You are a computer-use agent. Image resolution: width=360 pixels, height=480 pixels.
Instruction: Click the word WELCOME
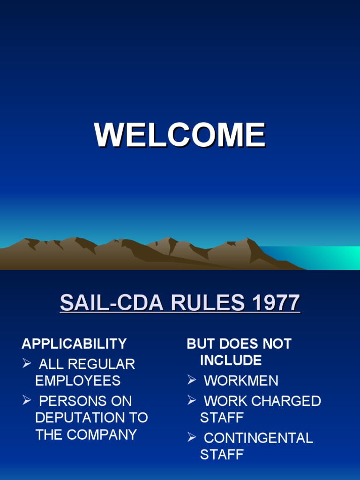(x=180, y=135)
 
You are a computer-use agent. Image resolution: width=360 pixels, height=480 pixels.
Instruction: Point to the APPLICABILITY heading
(x=74, y=344)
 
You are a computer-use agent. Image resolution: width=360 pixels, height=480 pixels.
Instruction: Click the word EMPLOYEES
(x=78, y=381)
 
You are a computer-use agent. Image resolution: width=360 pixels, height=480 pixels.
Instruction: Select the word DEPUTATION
(x=79, y=418)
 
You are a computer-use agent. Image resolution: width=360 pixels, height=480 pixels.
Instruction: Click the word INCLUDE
(x=231, y=360)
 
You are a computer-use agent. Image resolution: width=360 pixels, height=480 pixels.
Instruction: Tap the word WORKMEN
(x=241, y=381)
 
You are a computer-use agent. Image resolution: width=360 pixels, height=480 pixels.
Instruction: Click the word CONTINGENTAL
(x=258, y=438)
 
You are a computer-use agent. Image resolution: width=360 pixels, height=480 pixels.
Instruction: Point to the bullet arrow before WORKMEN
(x=191, y=380)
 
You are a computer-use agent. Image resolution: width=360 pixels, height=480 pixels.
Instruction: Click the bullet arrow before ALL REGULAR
(x=26, y=364)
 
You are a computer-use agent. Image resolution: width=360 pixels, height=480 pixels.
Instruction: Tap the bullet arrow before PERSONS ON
(x=26, y=401)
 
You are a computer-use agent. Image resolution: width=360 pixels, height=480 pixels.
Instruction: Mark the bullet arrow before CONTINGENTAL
(x=191, y=438)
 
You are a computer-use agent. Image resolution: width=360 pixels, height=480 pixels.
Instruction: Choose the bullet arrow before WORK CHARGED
(x=191, y=401)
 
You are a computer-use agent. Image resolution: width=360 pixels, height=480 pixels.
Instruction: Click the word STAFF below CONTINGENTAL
(x=222, y=455)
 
